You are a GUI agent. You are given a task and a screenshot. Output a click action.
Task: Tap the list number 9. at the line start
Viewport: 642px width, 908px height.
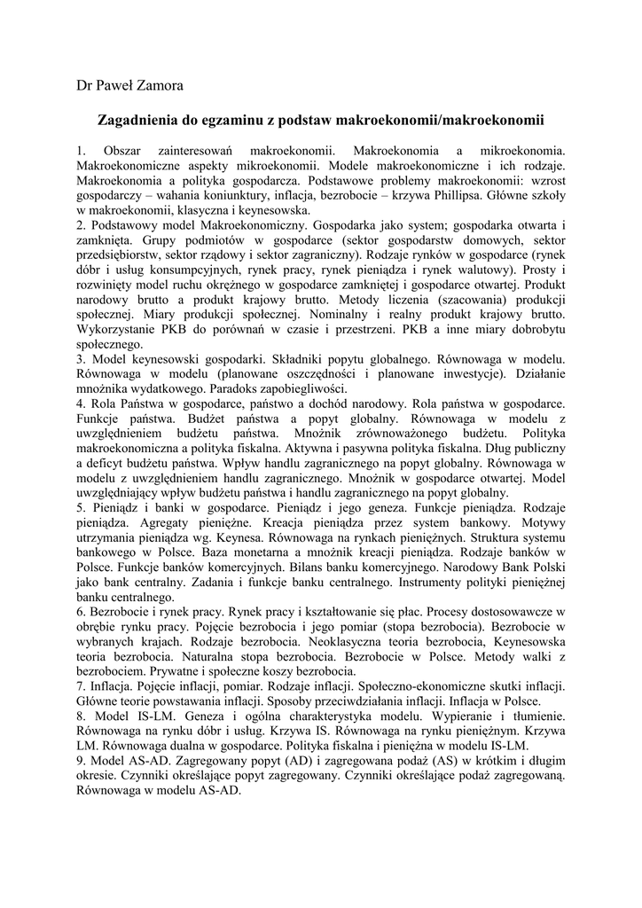tap(82, 760)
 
